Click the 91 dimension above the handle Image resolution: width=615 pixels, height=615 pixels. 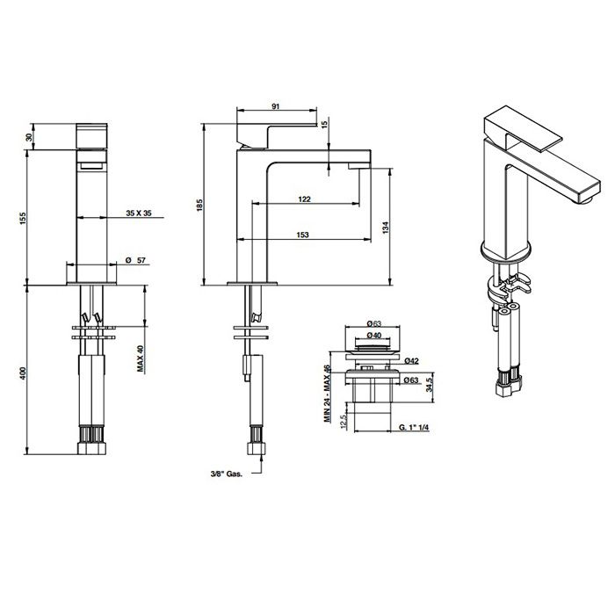[276, 106]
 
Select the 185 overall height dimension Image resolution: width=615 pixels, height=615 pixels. [199, 205]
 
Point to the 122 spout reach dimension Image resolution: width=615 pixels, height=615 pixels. [304, 199]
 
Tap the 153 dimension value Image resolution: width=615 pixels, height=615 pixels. [302, 235]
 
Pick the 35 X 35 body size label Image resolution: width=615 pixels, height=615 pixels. [139, 213]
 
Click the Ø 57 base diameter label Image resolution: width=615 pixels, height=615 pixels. [135, 260]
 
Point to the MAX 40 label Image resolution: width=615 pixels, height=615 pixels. [141, 358]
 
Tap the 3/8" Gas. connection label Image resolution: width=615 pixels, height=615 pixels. [227, 474]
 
